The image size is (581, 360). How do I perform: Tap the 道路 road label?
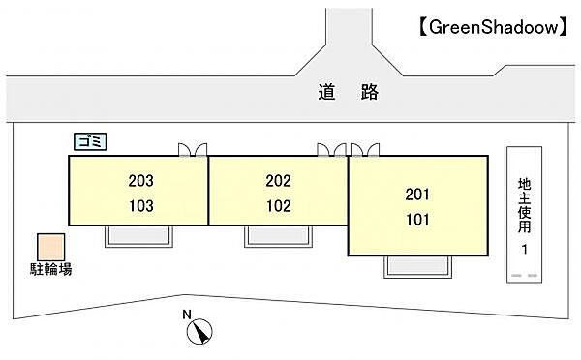(x=345, y=94)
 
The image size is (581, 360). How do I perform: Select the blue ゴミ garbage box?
(x=92, y=141)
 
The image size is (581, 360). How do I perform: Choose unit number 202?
(x=279, y=180)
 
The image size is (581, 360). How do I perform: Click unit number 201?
(x=417, y=194)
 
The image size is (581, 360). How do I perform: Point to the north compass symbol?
(x=199, y=332)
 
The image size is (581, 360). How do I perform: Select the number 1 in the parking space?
(x=524, y=251)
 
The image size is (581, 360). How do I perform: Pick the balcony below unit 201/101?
(x=418, y=266)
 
